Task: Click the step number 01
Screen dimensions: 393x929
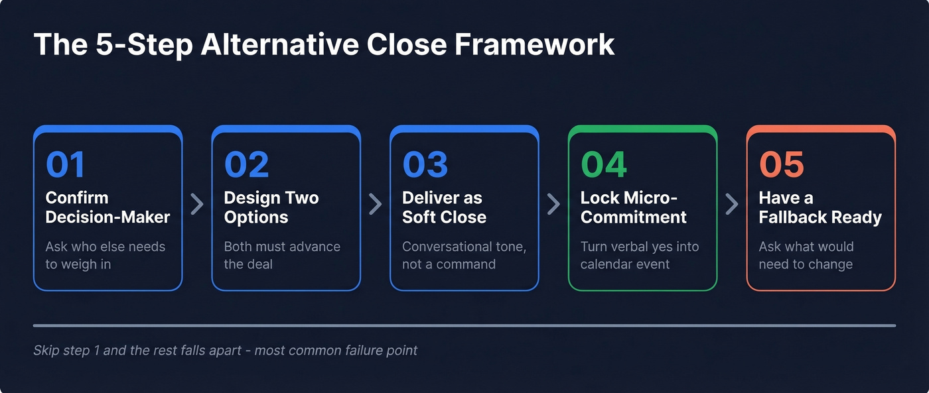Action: [65, 165]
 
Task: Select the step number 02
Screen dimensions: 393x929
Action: [246, 165]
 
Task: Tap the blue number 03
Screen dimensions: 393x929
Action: [425, 165]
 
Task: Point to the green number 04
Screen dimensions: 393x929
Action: [604, 165]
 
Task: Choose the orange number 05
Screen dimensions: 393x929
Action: [781, 165]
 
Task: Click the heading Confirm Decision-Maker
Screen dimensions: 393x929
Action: [107, 207]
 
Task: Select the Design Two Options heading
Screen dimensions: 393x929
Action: [271, 207]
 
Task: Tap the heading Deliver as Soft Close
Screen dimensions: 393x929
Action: [444, 207]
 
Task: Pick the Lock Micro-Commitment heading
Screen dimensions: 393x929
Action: [633, 207]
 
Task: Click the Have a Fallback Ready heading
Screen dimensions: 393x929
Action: [820, 207]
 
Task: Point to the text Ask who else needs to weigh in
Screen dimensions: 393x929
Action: [105, 255]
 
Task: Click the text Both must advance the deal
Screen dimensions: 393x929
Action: [281, 255]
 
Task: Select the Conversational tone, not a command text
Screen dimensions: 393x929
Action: [464, 255]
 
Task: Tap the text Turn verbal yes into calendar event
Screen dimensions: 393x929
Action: [640, 255]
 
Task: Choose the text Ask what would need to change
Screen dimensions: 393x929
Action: [806, 255]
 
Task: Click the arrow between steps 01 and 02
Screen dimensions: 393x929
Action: [197, 204]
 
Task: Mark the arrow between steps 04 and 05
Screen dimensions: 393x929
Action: [732, 204]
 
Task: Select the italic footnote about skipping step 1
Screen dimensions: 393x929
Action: [225, 350]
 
